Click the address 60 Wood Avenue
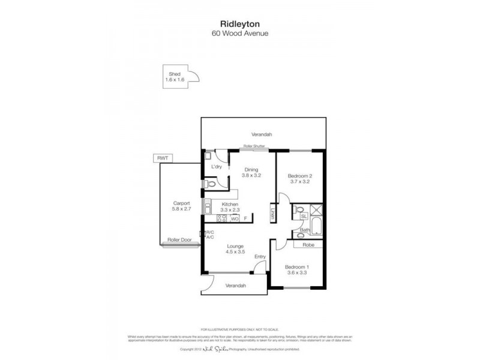click(239, 34)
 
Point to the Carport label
click(181, 203)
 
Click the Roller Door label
click(178, 239)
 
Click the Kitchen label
click(230, 204)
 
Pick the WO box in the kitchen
click(235, 218)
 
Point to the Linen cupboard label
click(272, 213)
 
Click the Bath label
click(304, 230)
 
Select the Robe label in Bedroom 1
click(308, 245)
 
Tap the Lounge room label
click(234, 247)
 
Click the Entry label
click(260, 257)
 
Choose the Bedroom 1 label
click(296, 267)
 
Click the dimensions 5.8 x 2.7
click(181, 209)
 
